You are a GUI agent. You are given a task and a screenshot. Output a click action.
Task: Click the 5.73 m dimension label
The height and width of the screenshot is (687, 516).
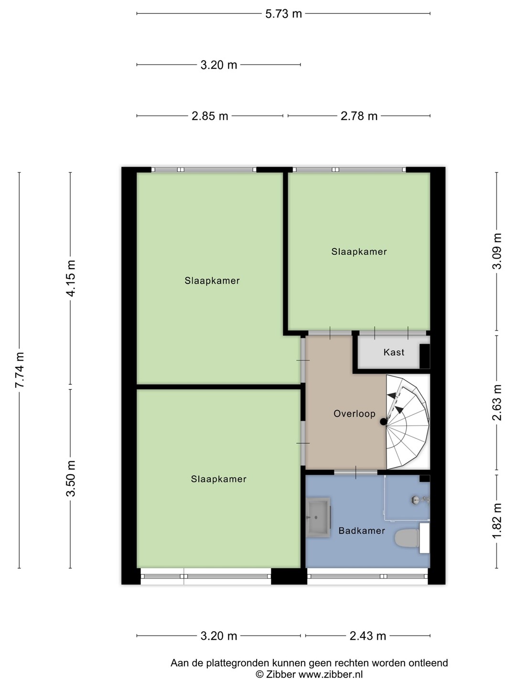(x=283, y=14)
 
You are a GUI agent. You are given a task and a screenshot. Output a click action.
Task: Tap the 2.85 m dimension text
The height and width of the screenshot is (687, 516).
(x=210, y=116)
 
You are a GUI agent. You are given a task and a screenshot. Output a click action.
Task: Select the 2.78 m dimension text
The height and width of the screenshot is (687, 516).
(x=359, y=116)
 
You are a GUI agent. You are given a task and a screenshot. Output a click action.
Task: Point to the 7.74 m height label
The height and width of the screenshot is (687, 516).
(x=20, y=370)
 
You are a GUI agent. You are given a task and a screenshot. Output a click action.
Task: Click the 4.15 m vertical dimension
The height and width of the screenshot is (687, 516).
(x=71, y=278)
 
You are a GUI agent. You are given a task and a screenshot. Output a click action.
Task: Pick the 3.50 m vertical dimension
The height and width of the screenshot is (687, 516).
(x=71, y=479)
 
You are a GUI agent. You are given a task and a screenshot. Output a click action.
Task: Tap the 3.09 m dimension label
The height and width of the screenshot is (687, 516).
(x=497, y=251)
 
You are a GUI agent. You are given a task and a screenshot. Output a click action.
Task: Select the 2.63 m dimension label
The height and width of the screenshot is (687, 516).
(x=497, y=403)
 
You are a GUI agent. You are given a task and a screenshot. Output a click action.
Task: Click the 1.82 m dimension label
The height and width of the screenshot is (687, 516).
(x=497, y=520)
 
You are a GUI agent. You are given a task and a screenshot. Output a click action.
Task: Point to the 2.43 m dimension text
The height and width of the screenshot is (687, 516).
(x=368, y=636)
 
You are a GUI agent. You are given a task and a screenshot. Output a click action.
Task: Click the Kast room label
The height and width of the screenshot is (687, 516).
(x=394, y=353)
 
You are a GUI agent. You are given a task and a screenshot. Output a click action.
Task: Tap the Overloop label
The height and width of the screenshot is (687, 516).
(x=355, y=414)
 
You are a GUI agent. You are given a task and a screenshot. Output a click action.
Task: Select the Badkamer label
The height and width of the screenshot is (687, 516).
(x=362, y=531)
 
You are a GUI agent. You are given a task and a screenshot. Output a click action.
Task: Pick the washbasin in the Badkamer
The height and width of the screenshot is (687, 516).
(x=318, y=517)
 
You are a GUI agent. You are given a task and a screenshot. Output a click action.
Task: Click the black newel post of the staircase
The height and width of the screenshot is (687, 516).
(x=384, y=422)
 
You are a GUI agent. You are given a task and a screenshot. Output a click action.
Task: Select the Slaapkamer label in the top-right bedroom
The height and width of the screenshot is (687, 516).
(x=359, y=251)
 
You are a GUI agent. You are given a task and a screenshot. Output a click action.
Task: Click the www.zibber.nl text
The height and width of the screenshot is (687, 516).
(x=331, y=674)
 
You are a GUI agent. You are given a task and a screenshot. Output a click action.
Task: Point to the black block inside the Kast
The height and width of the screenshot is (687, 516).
(x=425, y=356)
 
